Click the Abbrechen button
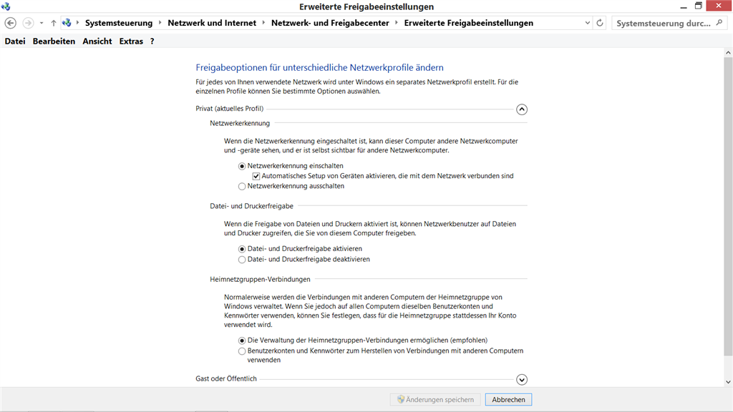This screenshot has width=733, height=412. click(508, 400)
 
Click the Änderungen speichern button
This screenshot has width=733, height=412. click(432, 400)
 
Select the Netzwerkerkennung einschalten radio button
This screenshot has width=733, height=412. click(242, 166)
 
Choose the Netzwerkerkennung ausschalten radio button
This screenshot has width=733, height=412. click(242, 186)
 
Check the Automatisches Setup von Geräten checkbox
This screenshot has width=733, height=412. click(256, 176)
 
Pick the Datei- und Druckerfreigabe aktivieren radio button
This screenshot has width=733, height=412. click(242, 249)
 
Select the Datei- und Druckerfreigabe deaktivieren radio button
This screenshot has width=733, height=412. click(242, 259)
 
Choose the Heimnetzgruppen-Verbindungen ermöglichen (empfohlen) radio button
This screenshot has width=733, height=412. click(242, 340)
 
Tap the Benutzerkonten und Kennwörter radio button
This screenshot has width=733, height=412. click(242, 351)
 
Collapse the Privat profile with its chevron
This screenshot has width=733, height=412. click(522, 109)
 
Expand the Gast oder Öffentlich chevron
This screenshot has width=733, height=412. click(522, 380)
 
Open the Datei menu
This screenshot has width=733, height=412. click(15, 41)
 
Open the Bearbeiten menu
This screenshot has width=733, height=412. click(54, 41)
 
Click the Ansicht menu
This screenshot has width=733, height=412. click(97, 41)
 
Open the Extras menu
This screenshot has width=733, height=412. click(131, 41)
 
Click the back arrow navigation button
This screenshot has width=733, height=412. click(11, 23)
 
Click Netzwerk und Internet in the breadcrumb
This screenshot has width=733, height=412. click(212, 23)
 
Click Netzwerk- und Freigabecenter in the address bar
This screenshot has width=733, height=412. click(330, 23)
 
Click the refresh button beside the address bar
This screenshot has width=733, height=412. click(599, 23)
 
